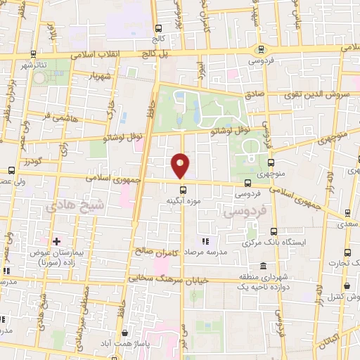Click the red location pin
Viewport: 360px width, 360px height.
(181, 166)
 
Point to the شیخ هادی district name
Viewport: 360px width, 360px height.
(75, 206)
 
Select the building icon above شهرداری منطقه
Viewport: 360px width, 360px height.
(263, 266)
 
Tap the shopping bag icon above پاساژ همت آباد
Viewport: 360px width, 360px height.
(125, 333)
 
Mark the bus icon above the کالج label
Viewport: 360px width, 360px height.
(157, 29)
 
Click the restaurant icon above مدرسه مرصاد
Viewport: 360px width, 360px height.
(205, 241)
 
